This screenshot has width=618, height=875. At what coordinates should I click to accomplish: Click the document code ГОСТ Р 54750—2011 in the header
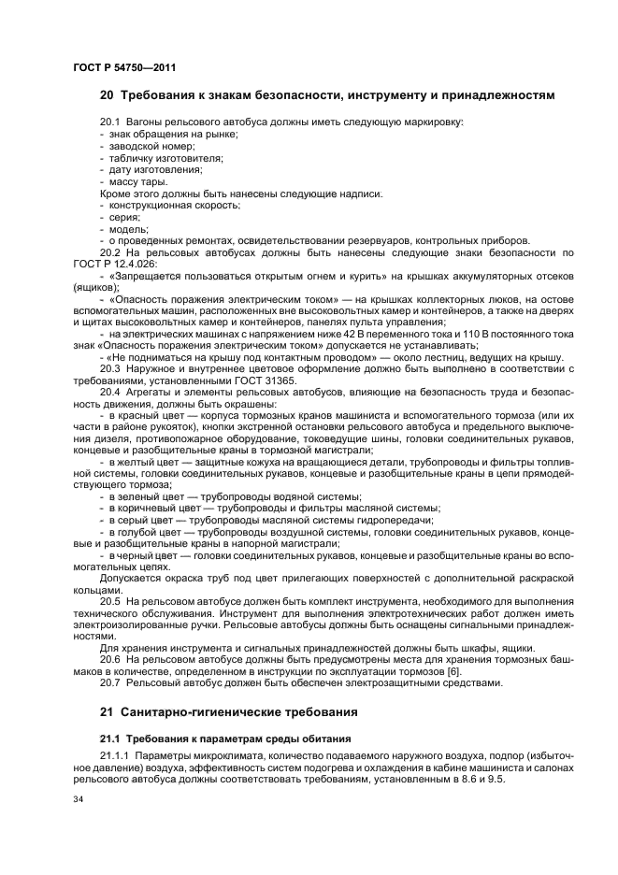123,68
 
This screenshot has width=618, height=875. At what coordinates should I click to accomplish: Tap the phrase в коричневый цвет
152,508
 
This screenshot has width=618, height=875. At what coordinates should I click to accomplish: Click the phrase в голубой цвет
145,531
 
